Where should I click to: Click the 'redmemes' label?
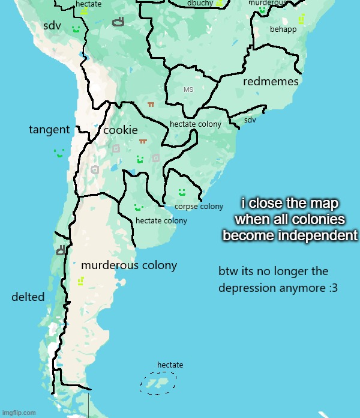click(x=271, y=82)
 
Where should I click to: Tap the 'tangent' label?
click(x=49, y=130)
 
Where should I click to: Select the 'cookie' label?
click(x=121, y=130)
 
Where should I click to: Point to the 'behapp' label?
click(x=283, y=29)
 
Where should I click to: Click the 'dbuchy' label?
click(x=200, y=4)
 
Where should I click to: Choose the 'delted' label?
click(x=28, y=297)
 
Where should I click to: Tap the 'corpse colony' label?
click(x=199, y=207)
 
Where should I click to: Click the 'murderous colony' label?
click(x=129, y=265)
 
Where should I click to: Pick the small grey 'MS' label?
click(x=188, y=89)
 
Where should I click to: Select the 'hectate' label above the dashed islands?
click(x=170, y=365)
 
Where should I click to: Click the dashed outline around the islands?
click(x=159, y=383)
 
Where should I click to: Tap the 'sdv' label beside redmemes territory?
click(x=250, y=120)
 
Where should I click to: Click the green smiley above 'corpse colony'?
click(x=181, y=193)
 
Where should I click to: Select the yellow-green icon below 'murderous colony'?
click(x=81, y=281)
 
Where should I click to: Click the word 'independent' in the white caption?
click(x=319, y=235)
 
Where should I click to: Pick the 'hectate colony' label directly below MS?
click(x=196, y=124)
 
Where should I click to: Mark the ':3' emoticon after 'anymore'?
click(x=333, y=288)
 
